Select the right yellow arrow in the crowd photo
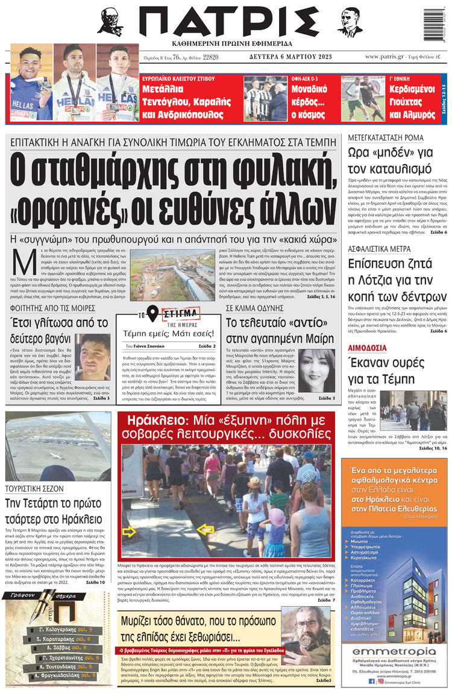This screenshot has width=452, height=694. (205, 530)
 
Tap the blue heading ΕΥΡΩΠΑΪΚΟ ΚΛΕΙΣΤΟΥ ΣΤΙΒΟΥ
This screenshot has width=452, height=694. (181, 80)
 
